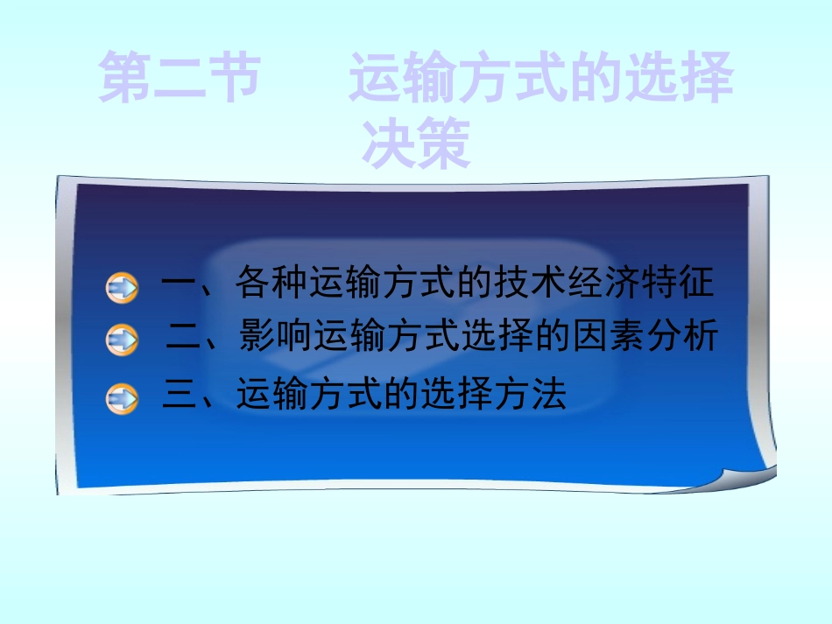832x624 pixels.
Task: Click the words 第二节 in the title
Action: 180,79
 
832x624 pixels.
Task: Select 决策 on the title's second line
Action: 416,144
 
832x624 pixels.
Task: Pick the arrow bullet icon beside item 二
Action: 123,340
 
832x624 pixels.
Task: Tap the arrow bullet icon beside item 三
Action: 123,398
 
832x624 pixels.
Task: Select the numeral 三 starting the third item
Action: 180,396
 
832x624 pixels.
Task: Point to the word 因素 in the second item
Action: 605,338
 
